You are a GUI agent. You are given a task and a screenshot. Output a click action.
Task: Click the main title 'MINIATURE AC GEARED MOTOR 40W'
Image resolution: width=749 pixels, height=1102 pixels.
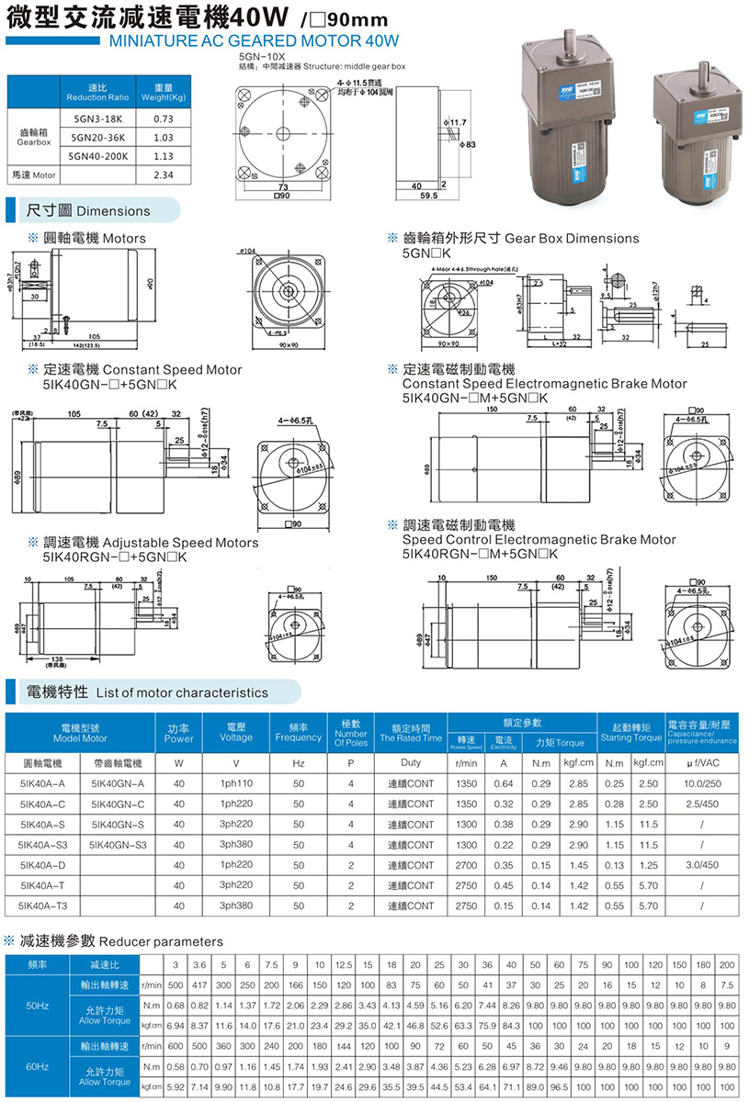pyautogui.click(x=255, y=40)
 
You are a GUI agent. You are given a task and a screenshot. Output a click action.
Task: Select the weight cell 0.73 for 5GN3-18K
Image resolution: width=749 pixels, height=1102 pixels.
pyautogui.click(x=164, y=118)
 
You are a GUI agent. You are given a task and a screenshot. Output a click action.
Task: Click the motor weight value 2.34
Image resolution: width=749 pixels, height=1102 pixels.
pyautogui.click(x=164, y=174)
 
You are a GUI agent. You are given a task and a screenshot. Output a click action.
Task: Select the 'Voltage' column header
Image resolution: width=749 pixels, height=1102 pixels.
pyautogui.click(x=236, y=737)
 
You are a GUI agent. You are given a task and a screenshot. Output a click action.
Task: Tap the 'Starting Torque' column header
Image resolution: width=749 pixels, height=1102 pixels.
pyautogui.click(x=630, y=737)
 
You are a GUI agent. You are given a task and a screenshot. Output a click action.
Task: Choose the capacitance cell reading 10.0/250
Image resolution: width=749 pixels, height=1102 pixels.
pyautogui.click(x=701, y=783)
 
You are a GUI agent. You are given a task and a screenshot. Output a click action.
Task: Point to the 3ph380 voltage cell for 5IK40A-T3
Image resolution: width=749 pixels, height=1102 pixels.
pyautogui.click(x=236, y=905)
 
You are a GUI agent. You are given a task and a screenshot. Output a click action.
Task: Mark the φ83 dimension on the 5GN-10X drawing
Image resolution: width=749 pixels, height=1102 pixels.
pyautogui.click(x=470, y=145)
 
